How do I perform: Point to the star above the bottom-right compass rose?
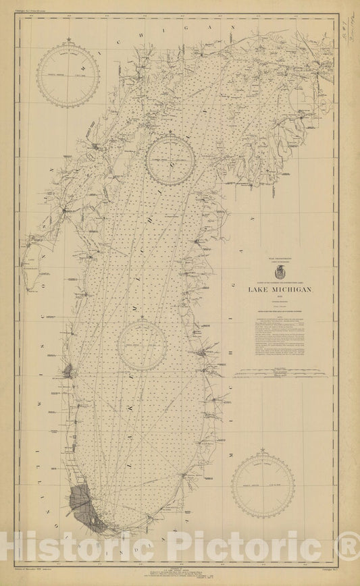[262, 450]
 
